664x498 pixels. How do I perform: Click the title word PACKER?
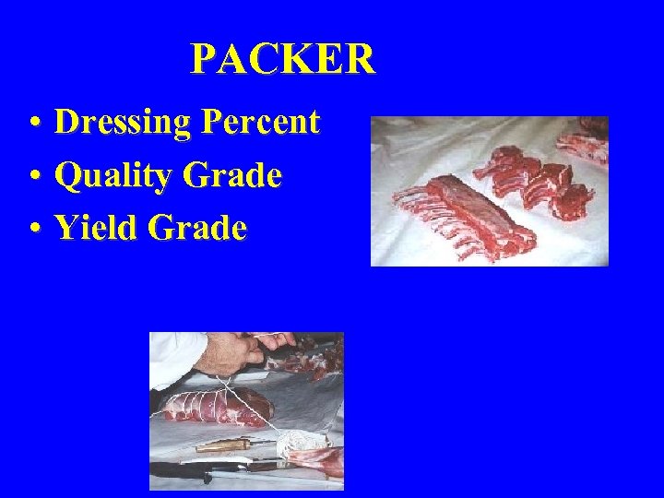[282, 60]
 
